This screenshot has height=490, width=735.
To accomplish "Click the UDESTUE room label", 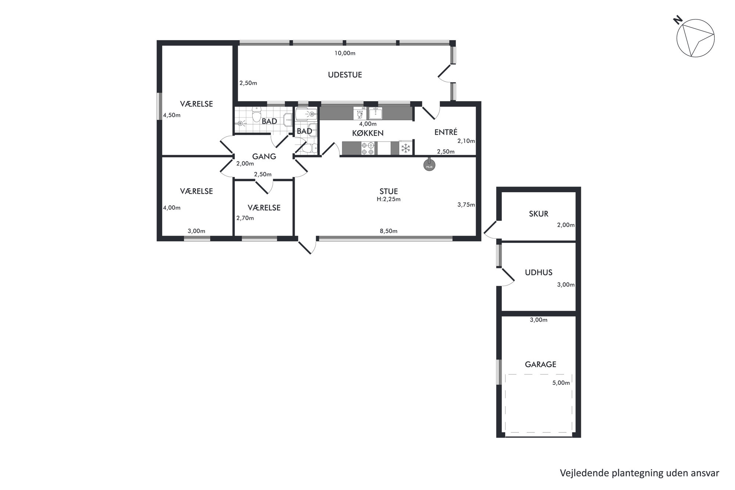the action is coord(345,75).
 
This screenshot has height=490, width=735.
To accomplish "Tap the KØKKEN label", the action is coord(368,133).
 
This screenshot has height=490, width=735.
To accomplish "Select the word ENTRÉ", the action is coord(446,132).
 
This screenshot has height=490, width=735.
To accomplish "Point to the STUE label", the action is coord(389,191).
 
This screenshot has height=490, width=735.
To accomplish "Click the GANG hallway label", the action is coord(264,156).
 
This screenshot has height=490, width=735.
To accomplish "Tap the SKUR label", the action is coord(539,214).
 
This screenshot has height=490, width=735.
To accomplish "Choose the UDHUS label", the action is coord(539,272).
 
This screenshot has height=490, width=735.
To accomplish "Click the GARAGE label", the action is coord(541,364).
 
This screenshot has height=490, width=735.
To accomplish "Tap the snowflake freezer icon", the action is coord(406,148).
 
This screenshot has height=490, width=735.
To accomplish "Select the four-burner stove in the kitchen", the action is coord(367,148).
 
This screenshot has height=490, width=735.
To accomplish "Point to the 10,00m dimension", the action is coord(345,53).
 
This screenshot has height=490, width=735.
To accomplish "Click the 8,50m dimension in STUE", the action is coord(388,231).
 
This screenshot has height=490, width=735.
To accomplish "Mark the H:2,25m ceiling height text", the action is coord(388,199).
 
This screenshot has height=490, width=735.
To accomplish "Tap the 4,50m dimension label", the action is coord(172,115).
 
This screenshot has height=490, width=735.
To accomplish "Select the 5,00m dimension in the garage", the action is coord(561,383).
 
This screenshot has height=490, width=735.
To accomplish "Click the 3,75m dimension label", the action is coord(466,205).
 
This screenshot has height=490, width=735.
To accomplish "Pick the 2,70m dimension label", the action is coord(245,218).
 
